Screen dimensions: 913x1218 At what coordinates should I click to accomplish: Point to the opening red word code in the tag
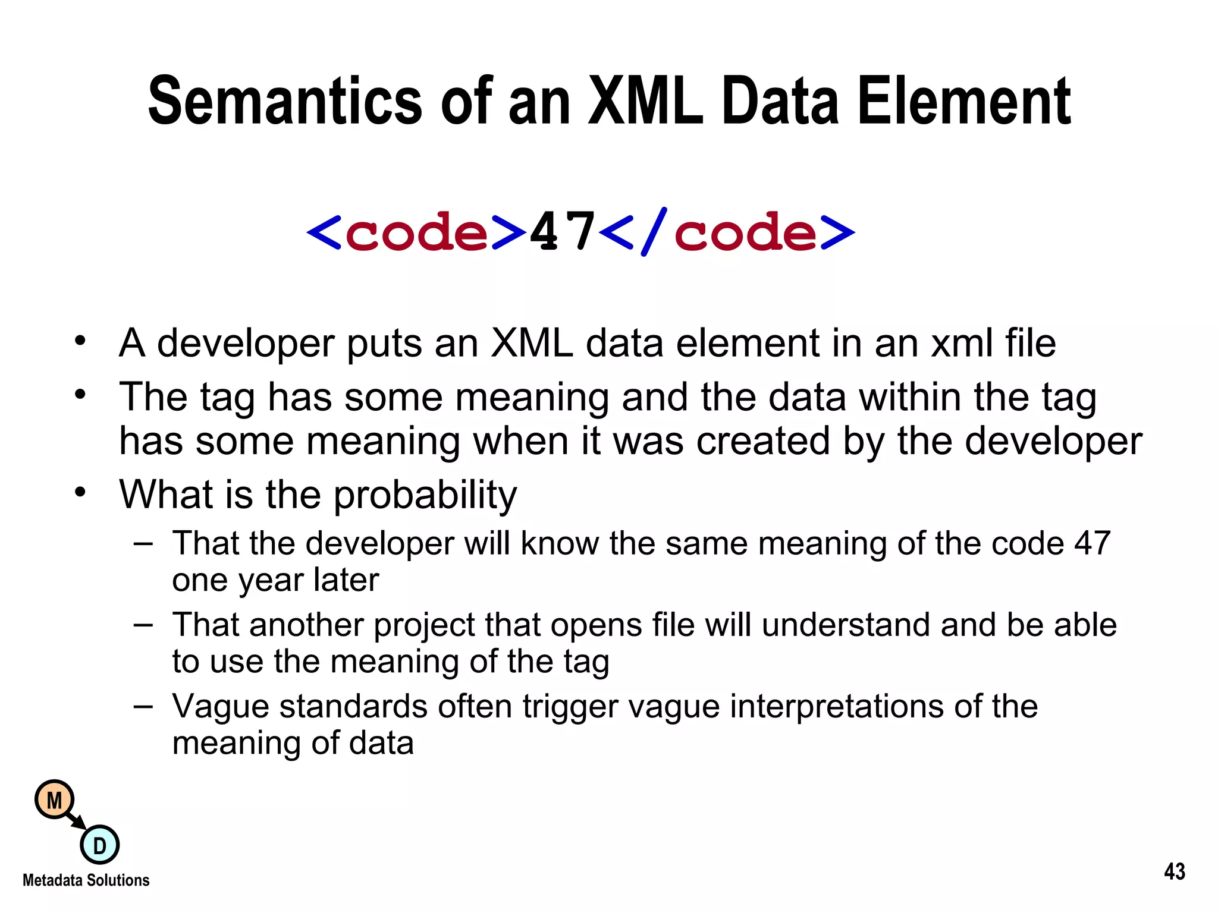[x=416, y=233]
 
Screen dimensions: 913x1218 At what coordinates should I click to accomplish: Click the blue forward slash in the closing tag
[x=654, y=232]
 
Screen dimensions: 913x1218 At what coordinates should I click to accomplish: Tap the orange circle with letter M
[x=55, y=800]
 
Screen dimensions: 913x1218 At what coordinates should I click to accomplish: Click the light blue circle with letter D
[x=99, y=845]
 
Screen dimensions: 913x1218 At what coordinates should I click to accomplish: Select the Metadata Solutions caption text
[x=86, y=880]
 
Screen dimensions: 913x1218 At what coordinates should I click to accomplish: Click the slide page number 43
[x=1175, y=872]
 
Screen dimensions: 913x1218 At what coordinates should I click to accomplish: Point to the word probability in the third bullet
[x=425, y=495]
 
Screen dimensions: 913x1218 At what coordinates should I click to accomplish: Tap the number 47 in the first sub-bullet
[x=1092, y=543]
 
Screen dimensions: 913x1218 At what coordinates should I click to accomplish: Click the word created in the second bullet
[x=763, y=442]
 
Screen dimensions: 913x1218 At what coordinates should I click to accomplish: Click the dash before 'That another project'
[x=143, y=625]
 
